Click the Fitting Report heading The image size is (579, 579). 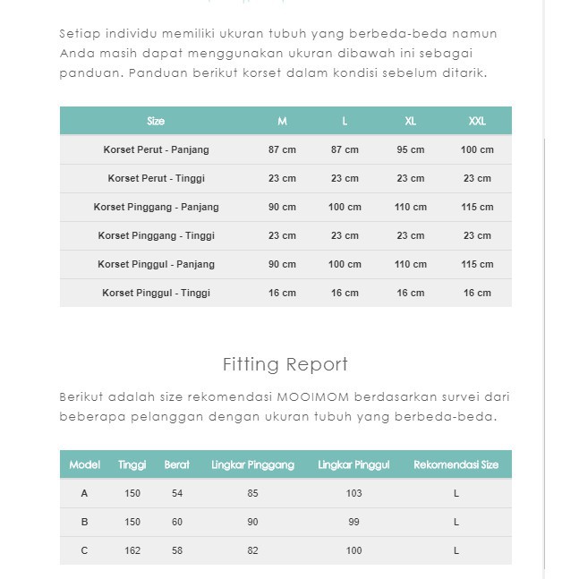(285, 364)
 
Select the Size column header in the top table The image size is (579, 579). (156, 121)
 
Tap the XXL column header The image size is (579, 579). (477, 121)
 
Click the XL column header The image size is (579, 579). (411, 121)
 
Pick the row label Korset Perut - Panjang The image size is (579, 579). (156, 149)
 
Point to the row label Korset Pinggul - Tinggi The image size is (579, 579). (156, 293)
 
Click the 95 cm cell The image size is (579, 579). (411, 149)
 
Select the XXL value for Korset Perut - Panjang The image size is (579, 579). (477, 149)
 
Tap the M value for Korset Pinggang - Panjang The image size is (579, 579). (282, 207)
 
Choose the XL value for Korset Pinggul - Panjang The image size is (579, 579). (411, 264)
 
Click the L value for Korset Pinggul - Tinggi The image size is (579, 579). (345, 293)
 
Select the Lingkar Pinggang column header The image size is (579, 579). (252, 464)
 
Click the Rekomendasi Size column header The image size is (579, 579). (456, 464)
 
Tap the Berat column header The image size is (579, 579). (177, 464)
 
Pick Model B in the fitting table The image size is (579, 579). (85, 522)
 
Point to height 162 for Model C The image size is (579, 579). (132, 550)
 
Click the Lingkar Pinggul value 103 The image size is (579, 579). (353, 493)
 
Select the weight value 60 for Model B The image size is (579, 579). (177, 522)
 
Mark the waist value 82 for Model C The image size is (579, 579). (252, 550)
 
